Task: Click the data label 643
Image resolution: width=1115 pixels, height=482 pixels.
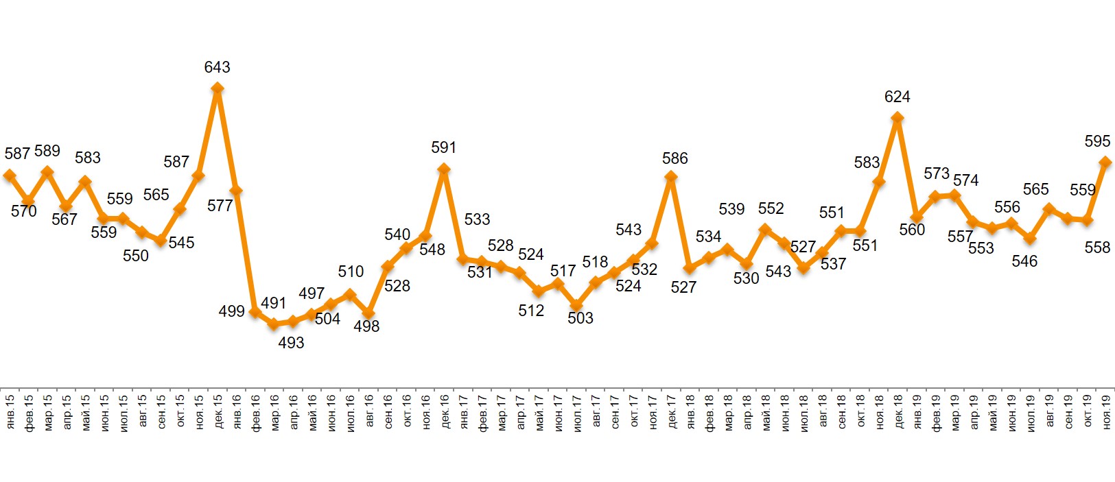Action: click(x=217, y=67)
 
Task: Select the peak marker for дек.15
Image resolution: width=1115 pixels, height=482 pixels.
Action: click(x=217, y=88)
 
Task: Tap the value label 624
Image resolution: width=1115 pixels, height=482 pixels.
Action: click(x=897, y=97)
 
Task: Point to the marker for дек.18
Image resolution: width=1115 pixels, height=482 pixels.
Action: click(x=897, y=118)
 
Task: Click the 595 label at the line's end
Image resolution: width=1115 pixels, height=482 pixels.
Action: click(x=1097, y=141)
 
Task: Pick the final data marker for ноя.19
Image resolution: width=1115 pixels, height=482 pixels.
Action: click(x=1105, y=162)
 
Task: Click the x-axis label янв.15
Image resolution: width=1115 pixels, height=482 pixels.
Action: click(x=10, y=412)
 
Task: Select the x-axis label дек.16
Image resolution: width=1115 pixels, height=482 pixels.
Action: click(x=444, y=412)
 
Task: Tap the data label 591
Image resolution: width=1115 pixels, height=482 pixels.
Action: click(x=443, y=147)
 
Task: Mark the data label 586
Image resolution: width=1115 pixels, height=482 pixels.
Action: click(x=674, y=158)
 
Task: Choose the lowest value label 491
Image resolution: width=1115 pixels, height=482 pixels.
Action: click(x=273, y=303)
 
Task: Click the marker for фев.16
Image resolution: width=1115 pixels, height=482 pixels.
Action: click(x=255, y=312)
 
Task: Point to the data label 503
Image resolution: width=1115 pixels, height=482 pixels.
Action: click(x=580, y=318)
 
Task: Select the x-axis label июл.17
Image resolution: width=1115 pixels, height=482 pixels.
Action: click(x=577, y=412)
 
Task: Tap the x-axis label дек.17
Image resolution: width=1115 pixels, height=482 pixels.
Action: click(x=672, y=412)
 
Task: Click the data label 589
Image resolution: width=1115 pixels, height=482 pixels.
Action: click(x=47, y=151)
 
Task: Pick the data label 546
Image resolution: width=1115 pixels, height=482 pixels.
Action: click(x=1024, y=261)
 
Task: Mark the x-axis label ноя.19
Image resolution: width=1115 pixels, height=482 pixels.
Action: click(x=1106, y=412)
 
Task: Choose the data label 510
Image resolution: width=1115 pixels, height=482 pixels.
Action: click(x=351, y=272)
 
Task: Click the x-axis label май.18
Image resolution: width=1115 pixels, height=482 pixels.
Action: click(x=766, y=412)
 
